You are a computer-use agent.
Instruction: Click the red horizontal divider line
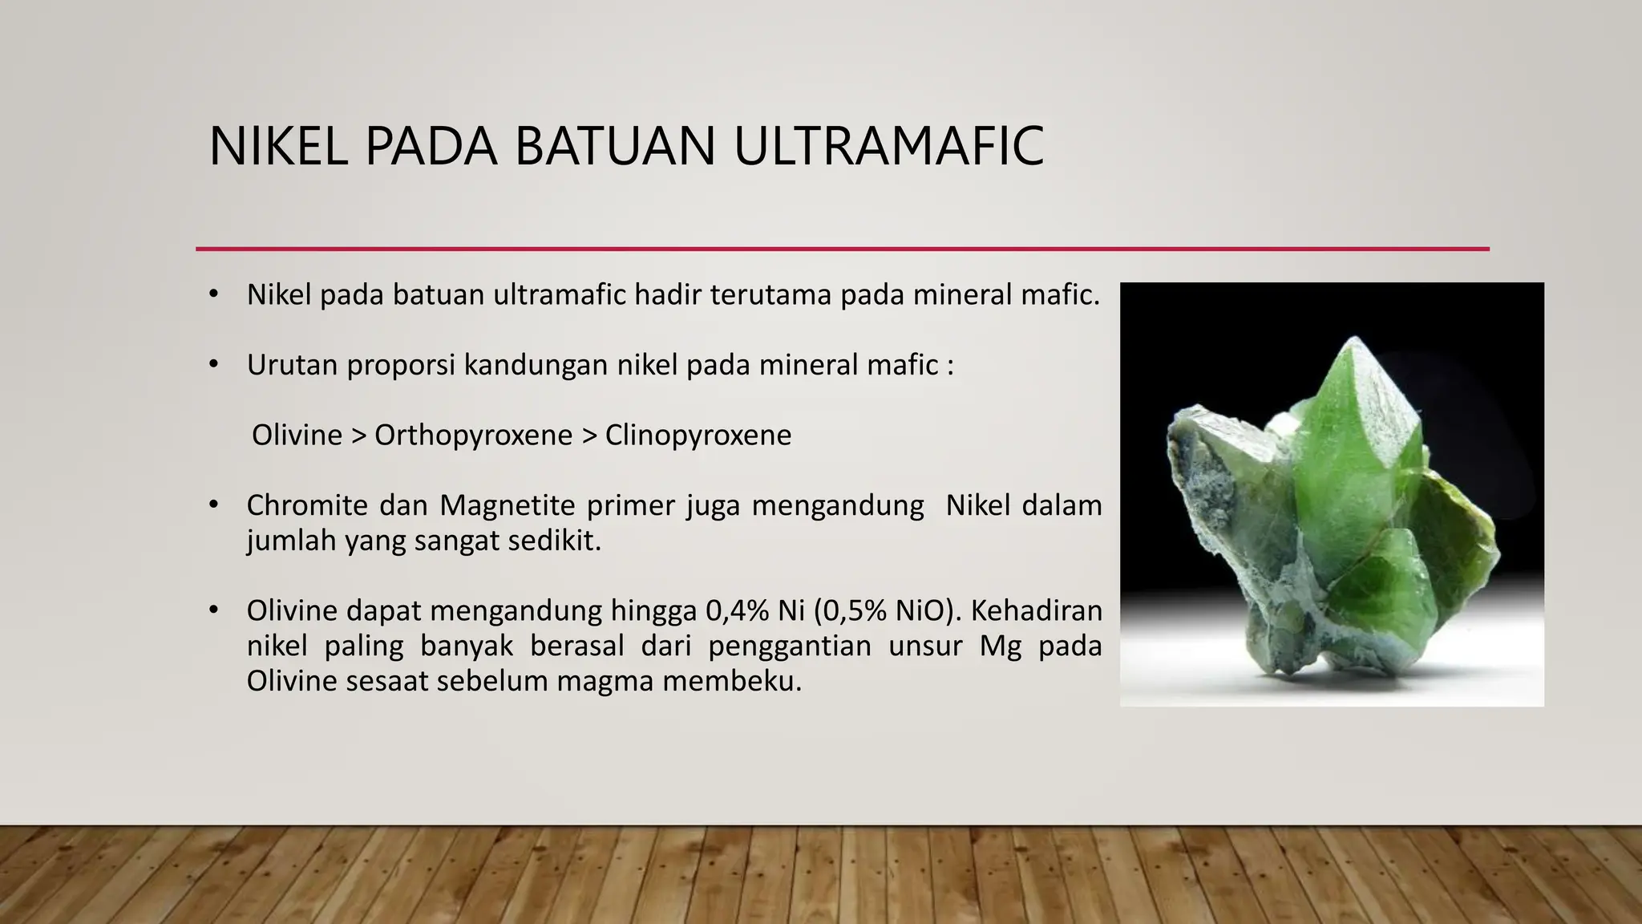pos(842,249)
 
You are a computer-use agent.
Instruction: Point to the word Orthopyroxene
pos(473,436)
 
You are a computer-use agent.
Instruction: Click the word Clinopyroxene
pos(698,436)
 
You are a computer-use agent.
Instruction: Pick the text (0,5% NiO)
pos(886,611)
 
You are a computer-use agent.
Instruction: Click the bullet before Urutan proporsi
pos(213,365)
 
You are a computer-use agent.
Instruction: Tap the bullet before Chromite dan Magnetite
pos(213,505)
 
